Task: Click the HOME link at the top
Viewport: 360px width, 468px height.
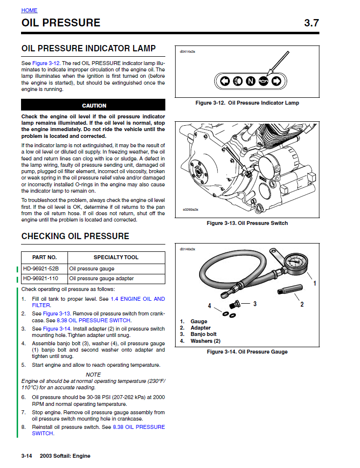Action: click(29, 10)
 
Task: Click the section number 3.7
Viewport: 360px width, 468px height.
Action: click(312, 23)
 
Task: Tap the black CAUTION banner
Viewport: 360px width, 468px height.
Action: click(93, 105)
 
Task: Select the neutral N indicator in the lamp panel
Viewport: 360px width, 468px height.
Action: click(250, 81)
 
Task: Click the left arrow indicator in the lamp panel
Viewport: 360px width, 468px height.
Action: click(225, 81)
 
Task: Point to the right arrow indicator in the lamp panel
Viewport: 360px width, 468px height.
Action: click(276, 81)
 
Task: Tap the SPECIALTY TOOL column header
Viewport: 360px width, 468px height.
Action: click(116, 257)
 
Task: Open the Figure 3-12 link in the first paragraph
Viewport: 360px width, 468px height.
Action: click(46, 64)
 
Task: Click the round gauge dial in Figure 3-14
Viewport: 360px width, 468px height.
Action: click(296, 262)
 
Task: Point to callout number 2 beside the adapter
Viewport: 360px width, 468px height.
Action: click(302, 304)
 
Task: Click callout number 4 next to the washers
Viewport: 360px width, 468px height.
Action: click(209, 306)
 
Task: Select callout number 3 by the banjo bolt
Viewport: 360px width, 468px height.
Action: click(255, 304)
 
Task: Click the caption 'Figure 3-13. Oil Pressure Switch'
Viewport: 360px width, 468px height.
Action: click(247, 223)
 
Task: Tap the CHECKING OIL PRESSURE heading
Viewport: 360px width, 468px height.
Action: click(75, 236)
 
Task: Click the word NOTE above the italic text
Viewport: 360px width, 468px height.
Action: click(93, 375)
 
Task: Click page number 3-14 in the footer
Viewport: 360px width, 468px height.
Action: click(26, 456)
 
